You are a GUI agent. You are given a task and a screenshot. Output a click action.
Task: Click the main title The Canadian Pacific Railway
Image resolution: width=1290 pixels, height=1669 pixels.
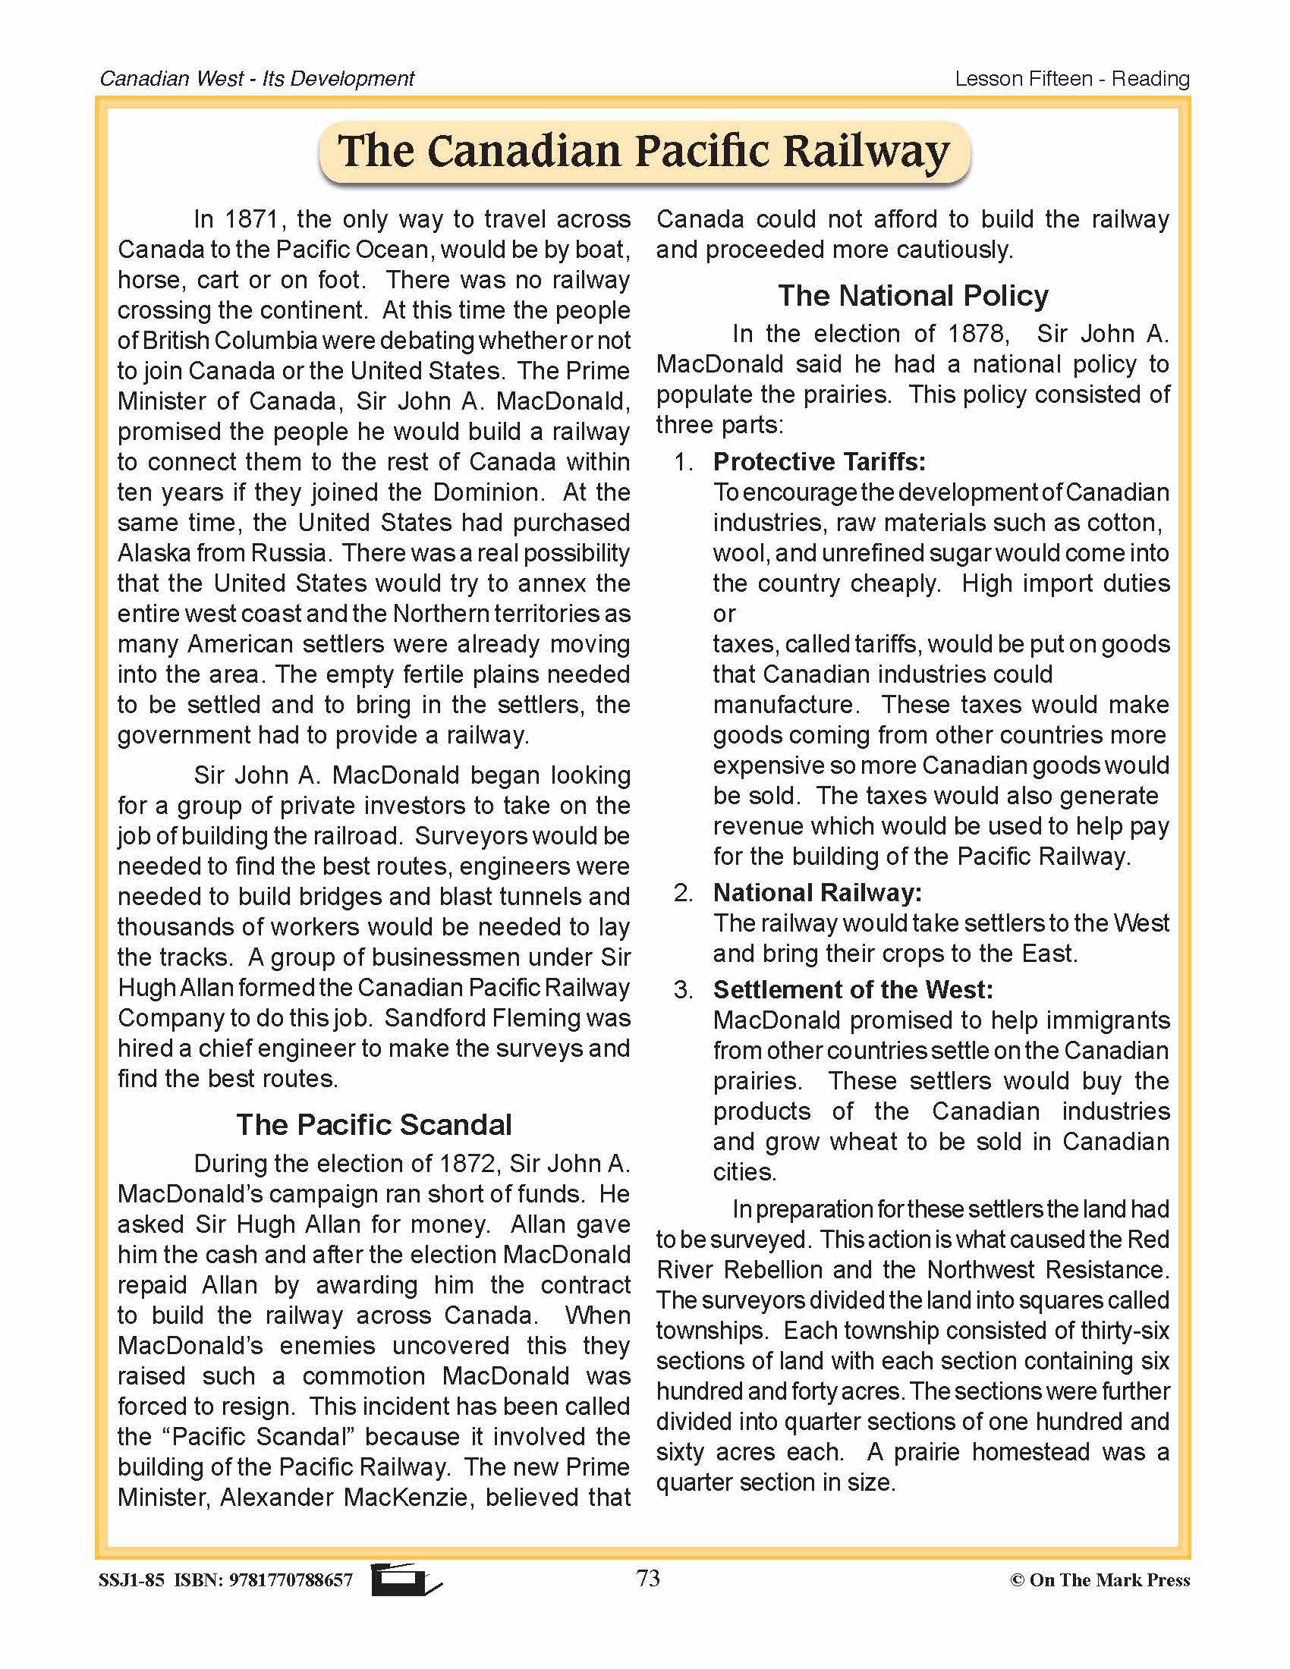643,150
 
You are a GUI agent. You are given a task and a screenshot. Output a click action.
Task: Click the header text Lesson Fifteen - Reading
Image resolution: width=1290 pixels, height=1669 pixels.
1071,79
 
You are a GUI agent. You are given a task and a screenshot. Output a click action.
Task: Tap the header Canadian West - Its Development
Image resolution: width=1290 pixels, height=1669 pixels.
256,79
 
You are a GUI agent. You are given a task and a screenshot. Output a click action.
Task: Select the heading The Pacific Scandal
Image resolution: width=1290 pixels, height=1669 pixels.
373,1125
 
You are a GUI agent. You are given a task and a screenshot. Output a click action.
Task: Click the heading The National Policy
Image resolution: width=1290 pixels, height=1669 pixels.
912,296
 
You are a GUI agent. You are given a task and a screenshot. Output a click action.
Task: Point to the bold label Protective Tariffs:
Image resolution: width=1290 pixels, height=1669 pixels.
819,461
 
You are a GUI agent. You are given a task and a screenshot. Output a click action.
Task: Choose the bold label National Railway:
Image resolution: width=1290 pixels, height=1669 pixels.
817,893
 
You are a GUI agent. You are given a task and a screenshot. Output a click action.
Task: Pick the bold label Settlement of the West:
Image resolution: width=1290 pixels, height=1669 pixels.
852,989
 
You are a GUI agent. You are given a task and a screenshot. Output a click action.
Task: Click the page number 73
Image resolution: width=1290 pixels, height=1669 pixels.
647,1577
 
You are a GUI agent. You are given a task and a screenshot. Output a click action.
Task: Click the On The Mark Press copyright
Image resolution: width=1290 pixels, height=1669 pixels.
1100,1579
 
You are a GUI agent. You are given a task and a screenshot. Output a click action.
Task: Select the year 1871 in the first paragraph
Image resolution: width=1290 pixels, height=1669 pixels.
250,219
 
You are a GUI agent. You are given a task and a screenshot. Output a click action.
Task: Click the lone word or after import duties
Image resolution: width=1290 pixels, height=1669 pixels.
724,614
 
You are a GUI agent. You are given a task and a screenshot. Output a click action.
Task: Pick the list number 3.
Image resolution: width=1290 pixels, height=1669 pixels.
682,990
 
